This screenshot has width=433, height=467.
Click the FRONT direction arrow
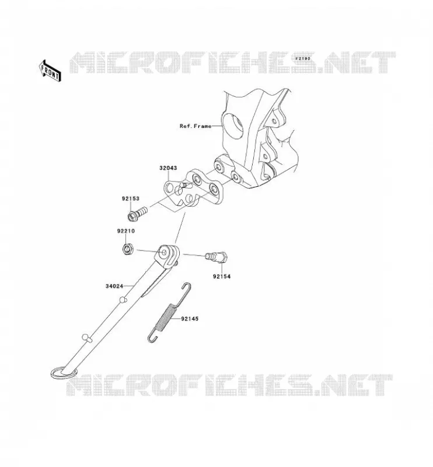click(50, 71)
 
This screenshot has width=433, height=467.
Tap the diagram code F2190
click(303, 59)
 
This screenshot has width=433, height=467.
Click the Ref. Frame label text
click(195, 126)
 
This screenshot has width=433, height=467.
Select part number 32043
click(168, 168)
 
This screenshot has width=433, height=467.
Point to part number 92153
click(130, 198)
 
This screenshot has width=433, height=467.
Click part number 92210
click(125, 231)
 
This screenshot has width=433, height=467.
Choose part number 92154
click(222, 276)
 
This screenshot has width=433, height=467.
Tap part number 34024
click(114, 286)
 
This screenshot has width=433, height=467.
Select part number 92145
click(190, 319)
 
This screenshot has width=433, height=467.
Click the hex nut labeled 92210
click(128, 249)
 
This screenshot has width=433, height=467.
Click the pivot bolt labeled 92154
click(217, 257)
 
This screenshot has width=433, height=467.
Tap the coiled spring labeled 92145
click(165, 316)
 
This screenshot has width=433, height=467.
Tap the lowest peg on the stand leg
click(86, 338)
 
